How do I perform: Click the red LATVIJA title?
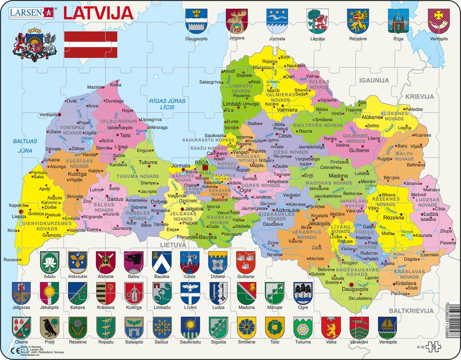pos(97,12)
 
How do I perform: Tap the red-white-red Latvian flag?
pos(90,45)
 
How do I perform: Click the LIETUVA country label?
pos(173,245)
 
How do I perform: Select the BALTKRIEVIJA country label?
pos(411,311)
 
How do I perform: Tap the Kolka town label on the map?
pos(116,85)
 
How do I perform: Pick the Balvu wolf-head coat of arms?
pos(133,262)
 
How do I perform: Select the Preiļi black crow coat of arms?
pos(49,326)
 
